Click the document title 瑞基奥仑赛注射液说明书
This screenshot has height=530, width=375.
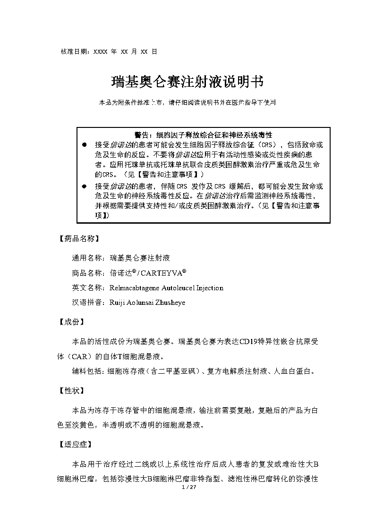(x=187, y=82)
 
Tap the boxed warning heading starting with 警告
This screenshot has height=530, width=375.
(x=203, y=135)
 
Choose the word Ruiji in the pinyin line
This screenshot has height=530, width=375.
(x=117, y=303)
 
